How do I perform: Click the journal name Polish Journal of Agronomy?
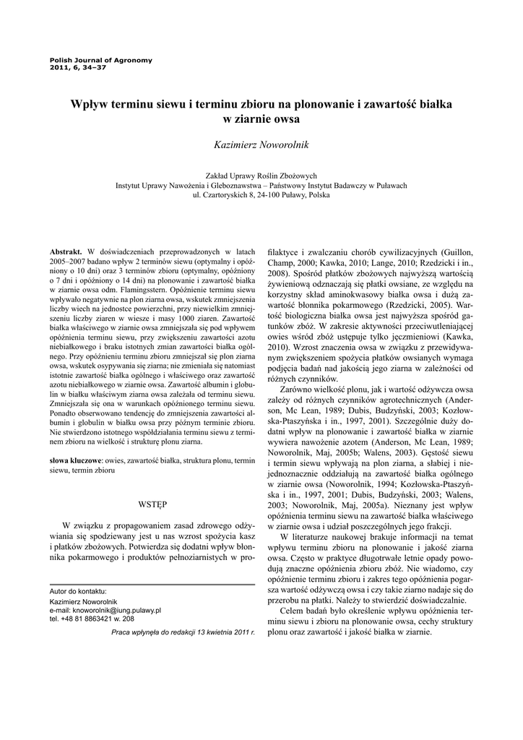(100, 59)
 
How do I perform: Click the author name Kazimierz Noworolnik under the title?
(261, 145)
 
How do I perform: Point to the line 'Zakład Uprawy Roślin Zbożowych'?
(261, 175)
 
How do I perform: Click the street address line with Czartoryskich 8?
(261, 194)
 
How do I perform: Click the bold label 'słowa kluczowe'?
(75, 460)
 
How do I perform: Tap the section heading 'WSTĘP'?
(152, 503)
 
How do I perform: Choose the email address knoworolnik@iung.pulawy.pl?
(105, 610)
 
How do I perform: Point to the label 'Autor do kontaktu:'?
(78, 591)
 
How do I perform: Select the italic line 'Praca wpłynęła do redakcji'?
(183, 632)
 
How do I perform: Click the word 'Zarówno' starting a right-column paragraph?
(293, 390)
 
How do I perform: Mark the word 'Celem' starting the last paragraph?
(292, 612)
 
